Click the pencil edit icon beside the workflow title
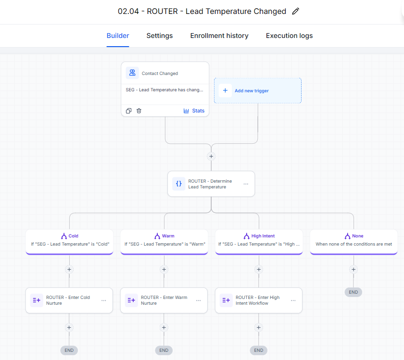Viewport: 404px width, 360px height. click(295, 11)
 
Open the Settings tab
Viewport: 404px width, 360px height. click(160, 36)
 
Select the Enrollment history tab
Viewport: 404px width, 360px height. click(219, 36)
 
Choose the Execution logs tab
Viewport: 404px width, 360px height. click(289, 36)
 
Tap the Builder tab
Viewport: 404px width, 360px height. click(118, 36)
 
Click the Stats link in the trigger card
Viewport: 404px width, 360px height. click(194, 111)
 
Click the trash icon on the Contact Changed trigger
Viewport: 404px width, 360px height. click(139, 111)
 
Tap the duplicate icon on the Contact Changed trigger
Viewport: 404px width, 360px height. click(128, 111)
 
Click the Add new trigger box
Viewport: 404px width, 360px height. click(258, 91)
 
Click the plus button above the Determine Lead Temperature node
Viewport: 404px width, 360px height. click(211, 156)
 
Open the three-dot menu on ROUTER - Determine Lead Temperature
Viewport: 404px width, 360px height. click(246, 184)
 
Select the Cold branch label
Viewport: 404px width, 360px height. click(74, 236)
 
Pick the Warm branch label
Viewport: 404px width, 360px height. click(168, 236)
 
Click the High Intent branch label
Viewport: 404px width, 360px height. click(263, 236)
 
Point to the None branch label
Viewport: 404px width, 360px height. click(358, 236)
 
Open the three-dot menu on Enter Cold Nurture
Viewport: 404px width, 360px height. click(103, 300)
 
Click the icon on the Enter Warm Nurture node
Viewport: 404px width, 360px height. click(131, 300)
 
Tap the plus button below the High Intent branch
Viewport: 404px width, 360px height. click(259, 269)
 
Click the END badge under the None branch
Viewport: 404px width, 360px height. click(353, 292)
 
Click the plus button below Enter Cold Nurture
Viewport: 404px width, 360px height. click(69, 327)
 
